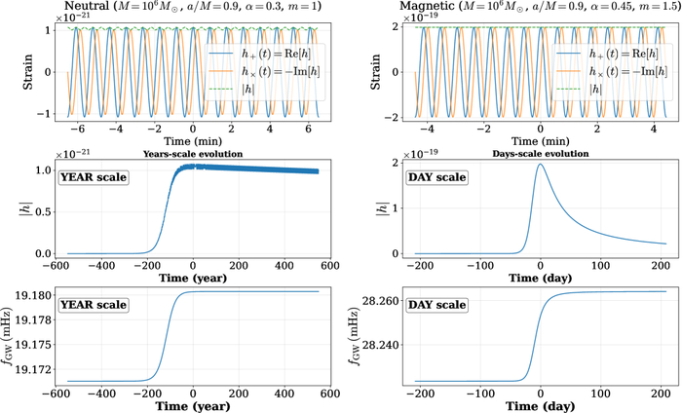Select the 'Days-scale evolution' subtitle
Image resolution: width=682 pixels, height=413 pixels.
click(526, 154)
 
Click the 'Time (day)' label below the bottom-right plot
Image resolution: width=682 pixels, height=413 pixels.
click(526, 402)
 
